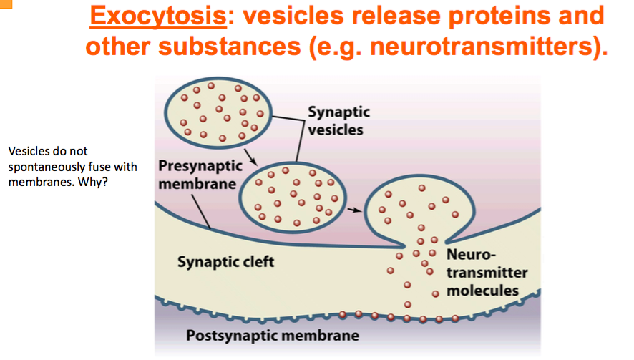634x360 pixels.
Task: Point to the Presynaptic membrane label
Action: [197, 175]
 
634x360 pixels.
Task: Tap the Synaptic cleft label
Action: [225, 262]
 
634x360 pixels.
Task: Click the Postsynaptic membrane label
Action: [272, 335]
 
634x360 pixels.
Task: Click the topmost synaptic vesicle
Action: [215, 111]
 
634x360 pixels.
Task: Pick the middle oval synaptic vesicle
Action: [293, 191]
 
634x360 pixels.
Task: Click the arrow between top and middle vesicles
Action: [249, 155]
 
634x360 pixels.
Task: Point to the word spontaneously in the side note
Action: [42, 165]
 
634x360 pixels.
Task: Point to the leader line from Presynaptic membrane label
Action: [203, 211]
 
